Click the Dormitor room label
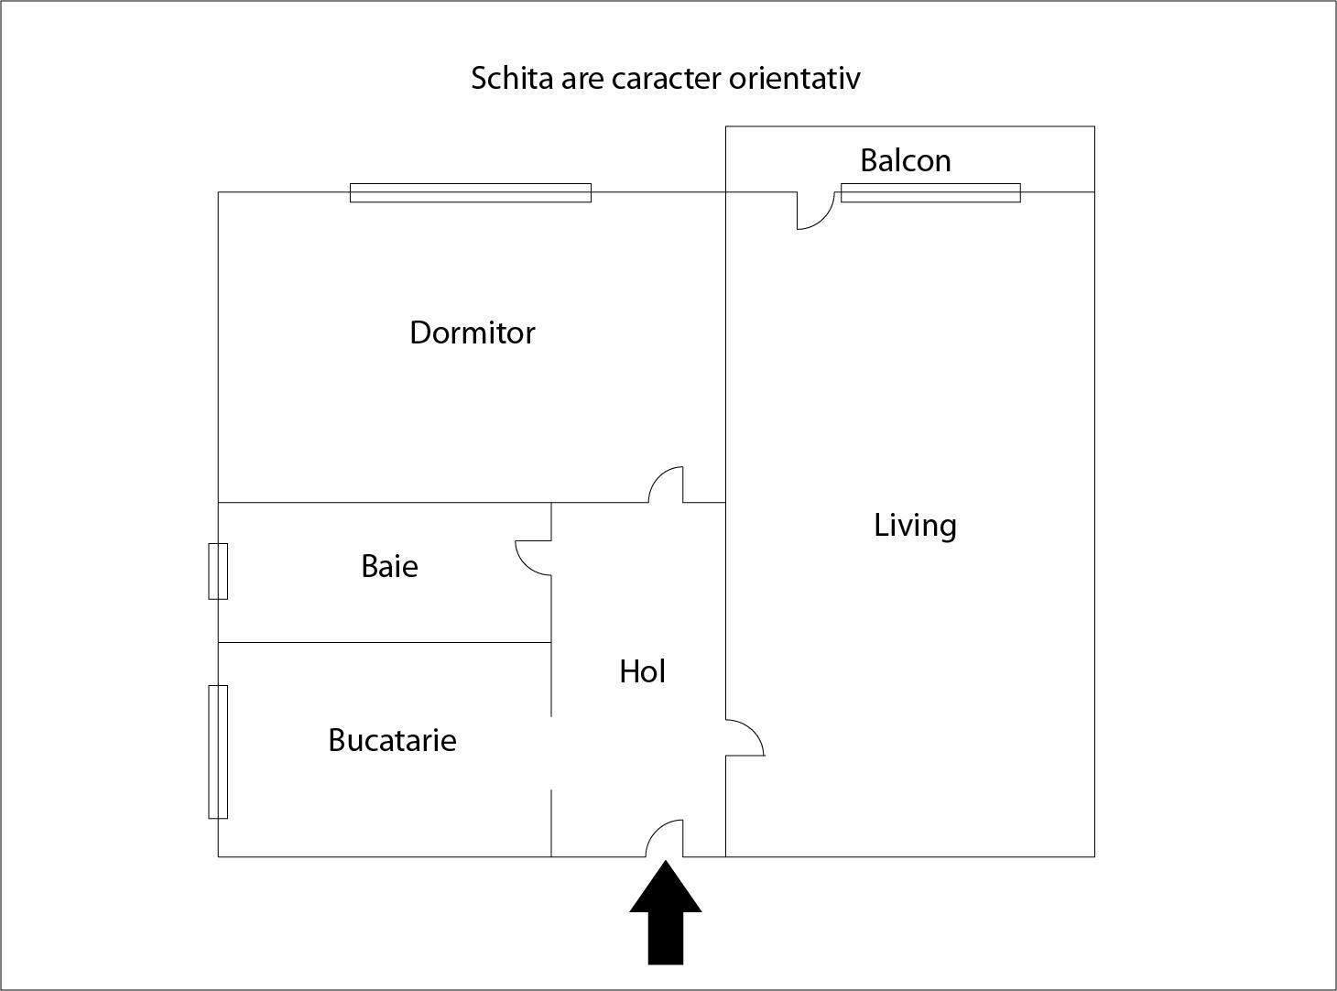pyautogui.click(x=472, y=332)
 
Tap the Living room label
pyautogui.click(x=915, y=526)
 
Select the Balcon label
pyautogui.click(x=905, y=161)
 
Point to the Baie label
pyautogui.click(x=389, y=566)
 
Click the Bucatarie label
pyautogui.click(x=392, y=740)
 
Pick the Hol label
pyautogui.click(x=642, y=672)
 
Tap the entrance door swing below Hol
pyautogui.click(x=667, y=839)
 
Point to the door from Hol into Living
pyautogui.click(x=744, y=738)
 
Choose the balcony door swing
pyautogui.click(x=814, y=210)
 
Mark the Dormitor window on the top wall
pyautogui.click(x=471, y=192)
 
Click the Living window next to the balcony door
pyautogui.click(x=930, y=192)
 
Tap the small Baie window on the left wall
pyautogui.click(x=218, y=571)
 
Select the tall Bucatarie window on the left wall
pyautogui.click(x=218, y=751)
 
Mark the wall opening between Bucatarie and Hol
pyautogui.click(x=551, y=752)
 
